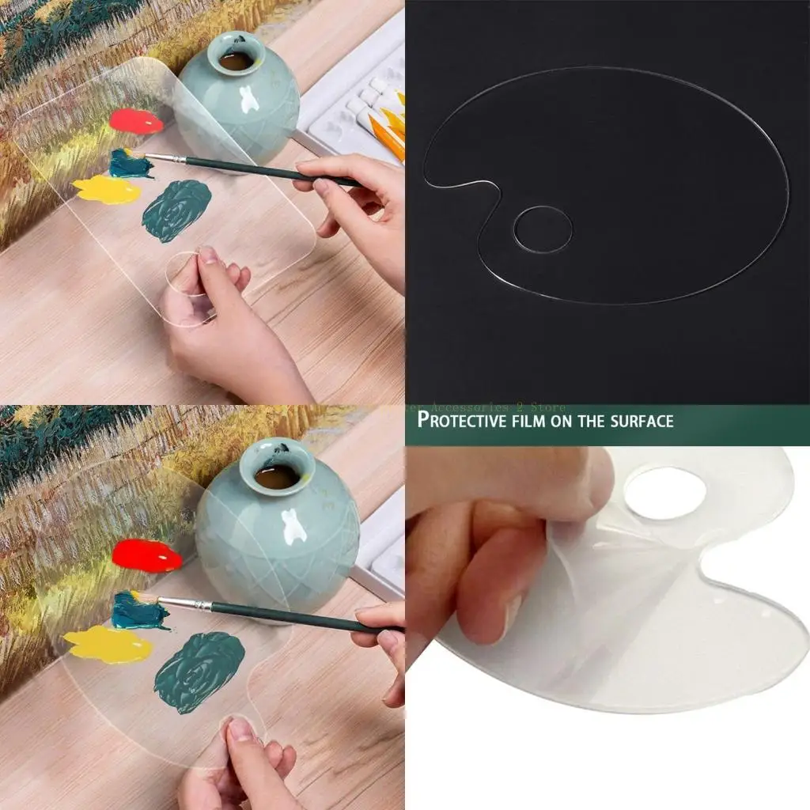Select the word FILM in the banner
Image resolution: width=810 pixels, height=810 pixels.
tap(542, 420)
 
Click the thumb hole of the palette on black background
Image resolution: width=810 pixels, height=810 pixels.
tap(543, 229)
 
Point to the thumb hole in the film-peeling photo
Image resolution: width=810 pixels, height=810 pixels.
tap(664, 493)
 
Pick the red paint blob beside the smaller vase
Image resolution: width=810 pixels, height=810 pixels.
tap(135, 121)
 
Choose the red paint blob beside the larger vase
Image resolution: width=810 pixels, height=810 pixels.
tap(146, 555)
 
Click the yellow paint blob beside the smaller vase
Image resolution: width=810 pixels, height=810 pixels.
tap(107, 190)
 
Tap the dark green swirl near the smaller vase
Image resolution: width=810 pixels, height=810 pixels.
tap(176, 210)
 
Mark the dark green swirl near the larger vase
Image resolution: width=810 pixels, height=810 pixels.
tap(199, 672)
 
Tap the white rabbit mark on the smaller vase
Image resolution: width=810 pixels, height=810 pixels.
tap(249, 99)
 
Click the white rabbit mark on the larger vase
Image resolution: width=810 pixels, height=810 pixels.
tap(294, 526)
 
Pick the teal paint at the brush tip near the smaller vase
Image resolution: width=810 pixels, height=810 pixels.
tap(129, 164)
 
